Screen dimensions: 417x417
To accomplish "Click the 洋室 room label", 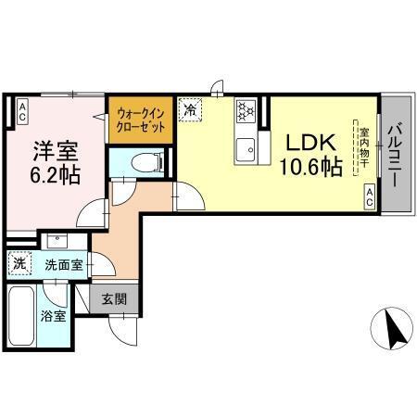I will click(53, 149).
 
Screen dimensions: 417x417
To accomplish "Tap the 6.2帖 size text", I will click(53, 176).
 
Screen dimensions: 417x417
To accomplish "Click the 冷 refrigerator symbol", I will click(190, 110).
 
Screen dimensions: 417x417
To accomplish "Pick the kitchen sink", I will click(246, 147).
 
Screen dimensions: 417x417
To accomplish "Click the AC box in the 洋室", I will click(22, 110).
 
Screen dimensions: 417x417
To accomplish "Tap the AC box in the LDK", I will click(369, 193).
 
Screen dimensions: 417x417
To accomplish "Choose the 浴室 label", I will click(52, 317).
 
